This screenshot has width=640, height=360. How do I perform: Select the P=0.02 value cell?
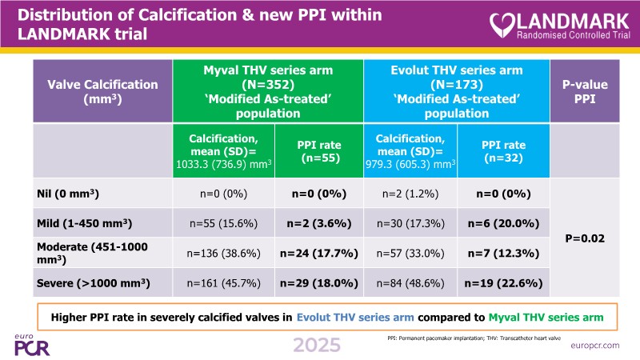point(590,238)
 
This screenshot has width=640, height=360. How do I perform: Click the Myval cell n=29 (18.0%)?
point(318,282)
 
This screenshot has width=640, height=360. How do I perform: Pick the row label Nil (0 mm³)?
point(70,193)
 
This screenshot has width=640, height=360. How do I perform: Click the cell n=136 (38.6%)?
point(223,253)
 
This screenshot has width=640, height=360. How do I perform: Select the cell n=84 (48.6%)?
point(410,282)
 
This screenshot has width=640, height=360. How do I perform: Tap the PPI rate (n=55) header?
point(318,150)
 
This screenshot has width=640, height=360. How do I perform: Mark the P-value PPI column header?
point(590,91)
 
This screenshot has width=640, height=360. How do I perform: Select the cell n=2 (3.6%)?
point(318,222)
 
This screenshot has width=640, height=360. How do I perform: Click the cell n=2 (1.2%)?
point(410,193)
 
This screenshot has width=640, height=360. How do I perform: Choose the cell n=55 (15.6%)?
point(223,222)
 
